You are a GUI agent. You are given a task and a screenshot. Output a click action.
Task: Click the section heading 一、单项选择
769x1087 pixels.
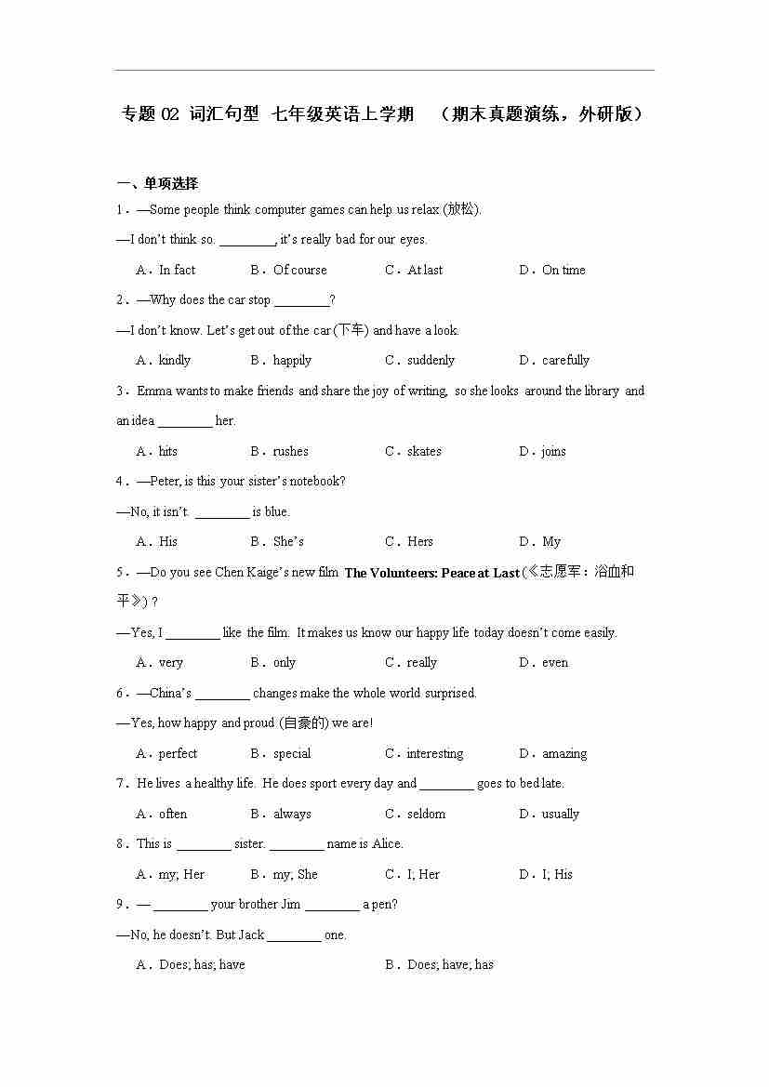(x=157, y=183)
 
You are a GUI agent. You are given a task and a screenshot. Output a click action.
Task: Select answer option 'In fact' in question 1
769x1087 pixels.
(x=177, y=270)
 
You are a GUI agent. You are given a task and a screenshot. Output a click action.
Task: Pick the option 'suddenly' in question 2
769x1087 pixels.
(x=431, y=360)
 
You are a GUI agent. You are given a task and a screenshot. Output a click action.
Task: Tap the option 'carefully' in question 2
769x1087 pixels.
(x=565, y=360)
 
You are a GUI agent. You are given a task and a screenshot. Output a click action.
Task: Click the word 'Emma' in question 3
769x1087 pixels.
(x=154, y=391)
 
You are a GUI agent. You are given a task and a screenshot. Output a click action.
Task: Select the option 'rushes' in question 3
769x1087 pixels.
(x=290, y=451)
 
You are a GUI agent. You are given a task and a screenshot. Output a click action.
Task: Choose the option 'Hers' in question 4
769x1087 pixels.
(x=420, y=541)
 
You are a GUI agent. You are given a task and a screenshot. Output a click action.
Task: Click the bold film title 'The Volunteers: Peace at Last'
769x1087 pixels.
(x=431, y=573)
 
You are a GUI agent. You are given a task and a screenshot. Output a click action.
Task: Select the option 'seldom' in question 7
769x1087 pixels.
(x=426, y=814)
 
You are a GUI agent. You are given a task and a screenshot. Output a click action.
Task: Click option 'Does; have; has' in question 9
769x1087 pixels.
(x=450, y=964)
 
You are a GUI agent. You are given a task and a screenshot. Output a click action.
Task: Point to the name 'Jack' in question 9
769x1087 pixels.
(x=251, y=935)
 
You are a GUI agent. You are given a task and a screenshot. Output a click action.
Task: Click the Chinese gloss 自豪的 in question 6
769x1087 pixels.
(x=303, y=722)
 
